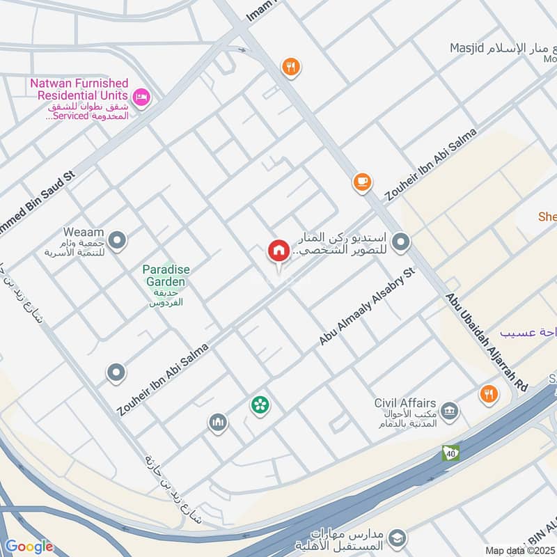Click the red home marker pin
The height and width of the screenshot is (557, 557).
coord(278,251)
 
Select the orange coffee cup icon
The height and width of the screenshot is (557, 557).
coord(361,181)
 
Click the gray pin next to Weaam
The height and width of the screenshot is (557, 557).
coord(117,241)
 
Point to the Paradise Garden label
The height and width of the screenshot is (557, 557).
coord(166,275)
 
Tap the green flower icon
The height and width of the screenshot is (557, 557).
coord(260,404)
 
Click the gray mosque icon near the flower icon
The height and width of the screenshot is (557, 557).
coord(218,422)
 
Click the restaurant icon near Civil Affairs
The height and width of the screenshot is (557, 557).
coord(489,395)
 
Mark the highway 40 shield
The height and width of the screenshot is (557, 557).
coord(450,453)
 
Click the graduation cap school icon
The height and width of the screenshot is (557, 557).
coord(397,537)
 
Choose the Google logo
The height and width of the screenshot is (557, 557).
coord(29,547)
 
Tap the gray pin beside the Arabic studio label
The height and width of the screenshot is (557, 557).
coord(400,242)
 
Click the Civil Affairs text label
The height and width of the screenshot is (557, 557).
coord(405,403)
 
